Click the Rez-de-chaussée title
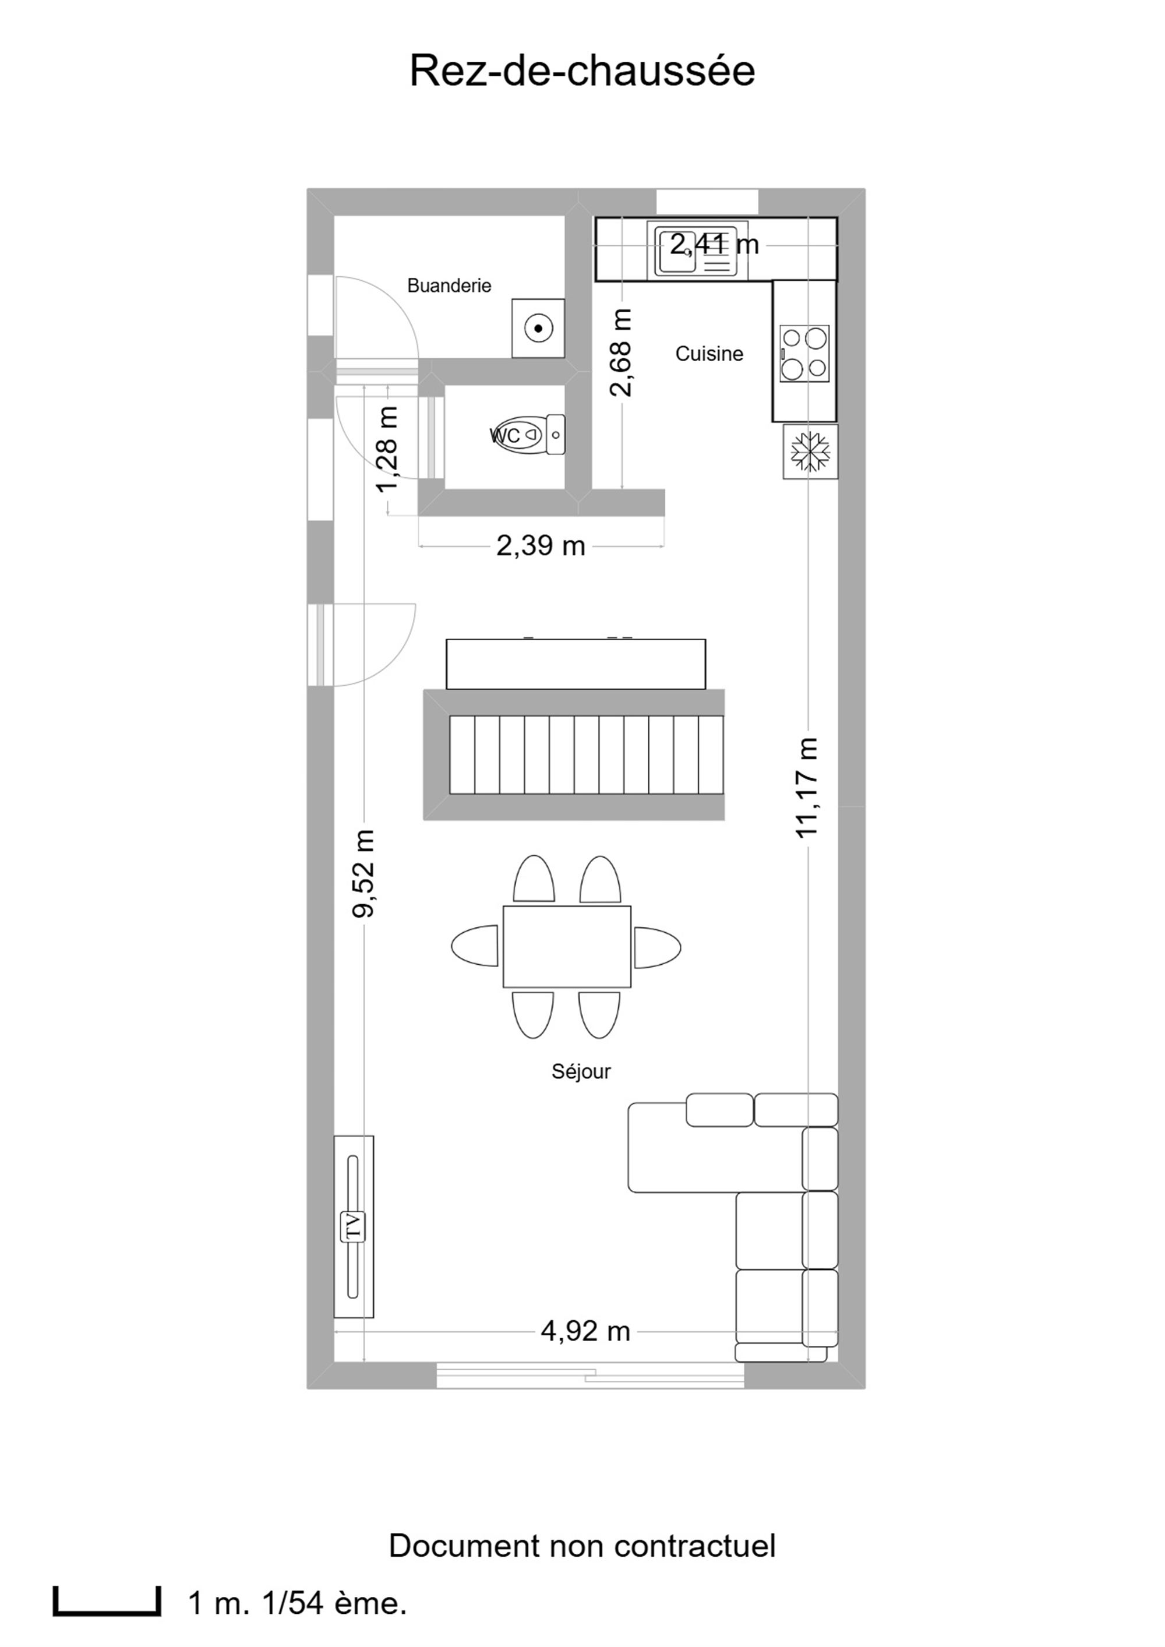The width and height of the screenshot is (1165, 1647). tap(582, 71)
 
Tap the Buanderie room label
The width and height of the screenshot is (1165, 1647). tap(449, 285)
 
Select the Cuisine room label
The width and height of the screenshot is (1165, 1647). tap(709, 354)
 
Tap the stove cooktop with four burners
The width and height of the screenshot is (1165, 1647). tap(804, 354)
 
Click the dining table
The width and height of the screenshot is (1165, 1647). tap(567, 946)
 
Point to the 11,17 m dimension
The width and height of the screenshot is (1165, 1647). tap(807, 787)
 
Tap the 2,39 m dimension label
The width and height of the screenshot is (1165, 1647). tap(541, 546)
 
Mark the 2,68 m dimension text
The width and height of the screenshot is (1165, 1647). tap(622, 352)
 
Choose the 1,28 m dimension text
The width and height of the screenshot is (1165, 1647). tap(387, 450)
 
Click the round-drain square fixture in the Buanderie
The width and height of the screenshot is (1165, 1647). tap(538, 329)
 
